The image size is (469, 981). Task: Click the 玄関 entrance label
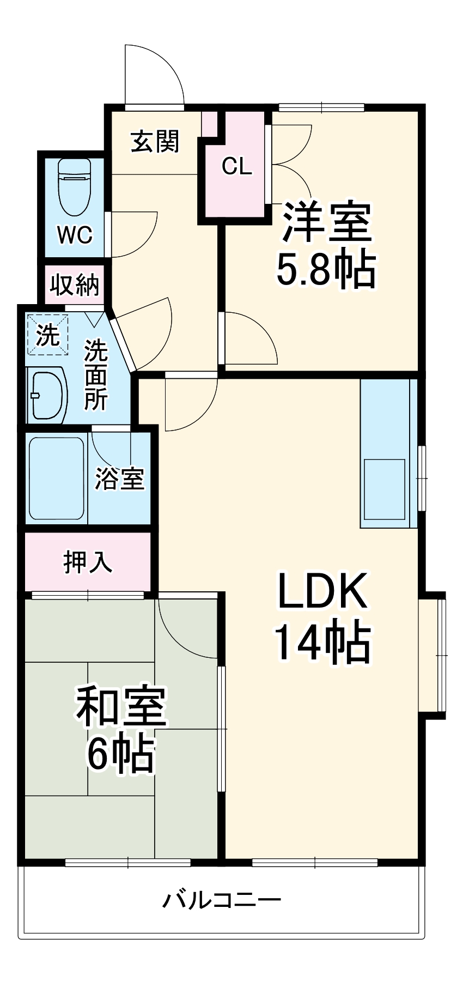[155, 142]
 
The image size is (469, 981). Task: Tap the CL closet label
[237, 166]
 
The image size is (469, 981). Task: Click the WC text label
[75, 235]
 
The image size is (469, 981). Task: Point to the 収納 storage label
[75, 284]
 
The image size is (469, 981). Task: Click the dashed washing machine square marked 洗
[48, 334]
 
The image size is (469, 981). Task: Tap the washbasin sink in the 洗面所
[47, 395]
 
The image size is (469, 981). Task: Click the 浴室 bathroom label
[120, 479]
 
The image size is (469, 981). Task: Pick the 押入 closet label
[88, 562]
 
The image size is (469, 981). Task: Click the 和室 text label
[121, 707]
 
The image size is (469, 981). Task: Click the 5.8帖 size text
[326, 269]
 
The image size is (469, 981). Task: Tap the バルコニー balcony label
[222, 900]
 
